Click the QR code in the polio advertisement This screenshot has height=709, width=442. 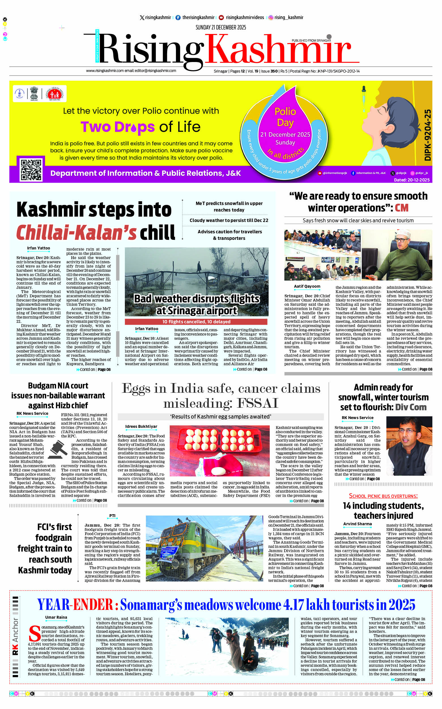[31, 170]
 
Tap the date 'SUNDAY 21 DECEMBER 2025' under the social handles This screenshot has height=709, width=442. [221, 27]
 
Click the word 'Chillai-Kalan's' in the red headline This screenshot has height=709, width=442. [76, 233]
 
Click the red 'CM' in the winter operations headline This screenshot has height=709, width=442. [401, 208]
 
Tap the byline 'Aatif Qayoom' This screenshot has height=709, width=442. [307, 286]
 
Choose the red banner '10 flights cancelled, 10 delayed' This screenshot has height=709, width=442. [196, 322]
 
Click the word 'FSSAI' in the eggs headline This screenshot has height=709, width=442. [258, 403]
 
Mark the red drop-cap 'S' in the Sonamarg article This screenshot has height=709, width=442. [35, 634]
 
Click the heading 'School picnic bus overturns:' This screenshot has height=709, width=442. [383, 496]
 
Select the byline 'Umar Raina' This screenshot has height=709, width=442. [56, 617]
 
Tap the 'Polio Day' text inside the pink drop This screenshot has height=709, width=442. [285, 117]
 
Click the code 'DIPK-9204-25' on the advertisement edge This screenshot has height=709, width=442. [428, 135]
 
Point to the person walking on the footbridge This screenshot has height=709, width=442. [199, 266]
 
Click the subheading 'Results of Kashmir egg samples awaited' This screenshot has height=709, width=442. [221, 417]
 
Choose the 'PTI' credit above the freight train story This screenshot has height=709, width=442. [112, 516]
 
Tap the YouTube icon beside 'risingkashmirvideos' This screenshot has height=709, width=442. [221, 18]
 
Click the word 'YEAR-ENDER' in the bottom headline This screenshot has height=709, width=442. [75, 604]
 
